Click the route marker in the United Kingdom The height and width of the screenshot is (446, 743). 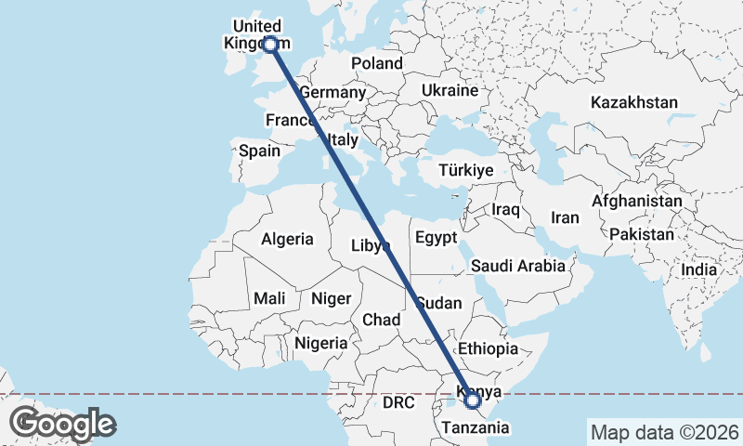coord(270,44)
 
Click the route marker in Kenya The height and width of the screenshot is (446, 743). coord(473,400)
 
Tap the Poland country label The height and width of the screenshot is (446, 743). coord(376,63)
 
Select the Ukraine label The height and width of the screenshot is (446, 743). coord(450,90)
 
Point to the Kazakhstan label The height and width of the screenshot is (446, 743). coord(633,102)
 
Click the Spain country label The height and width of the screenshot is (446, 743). coord(259,150)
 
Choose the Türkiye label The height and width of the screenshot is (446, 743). coord(466,171)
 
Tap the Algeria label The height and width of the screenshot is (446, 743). coord(287,239)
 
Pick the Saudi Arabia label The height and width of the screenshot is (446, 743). coord(517,266)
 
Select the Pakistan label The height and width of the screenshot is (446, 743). coord(643,234)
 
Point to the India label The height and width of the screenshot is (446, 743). coord(699,269)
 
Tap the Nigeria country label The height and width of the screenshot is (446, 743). coord(321,343)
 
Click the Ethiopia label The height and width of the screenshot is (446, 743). coord(488,349)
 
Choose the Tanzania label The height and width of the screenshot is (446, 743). coord(476,427)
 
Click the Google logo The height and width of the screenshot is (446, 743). coord(63,424)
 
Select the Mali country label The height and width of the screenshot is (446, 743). coord(269,298)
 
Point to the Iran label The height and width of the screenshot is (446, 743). coord(565,217)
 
